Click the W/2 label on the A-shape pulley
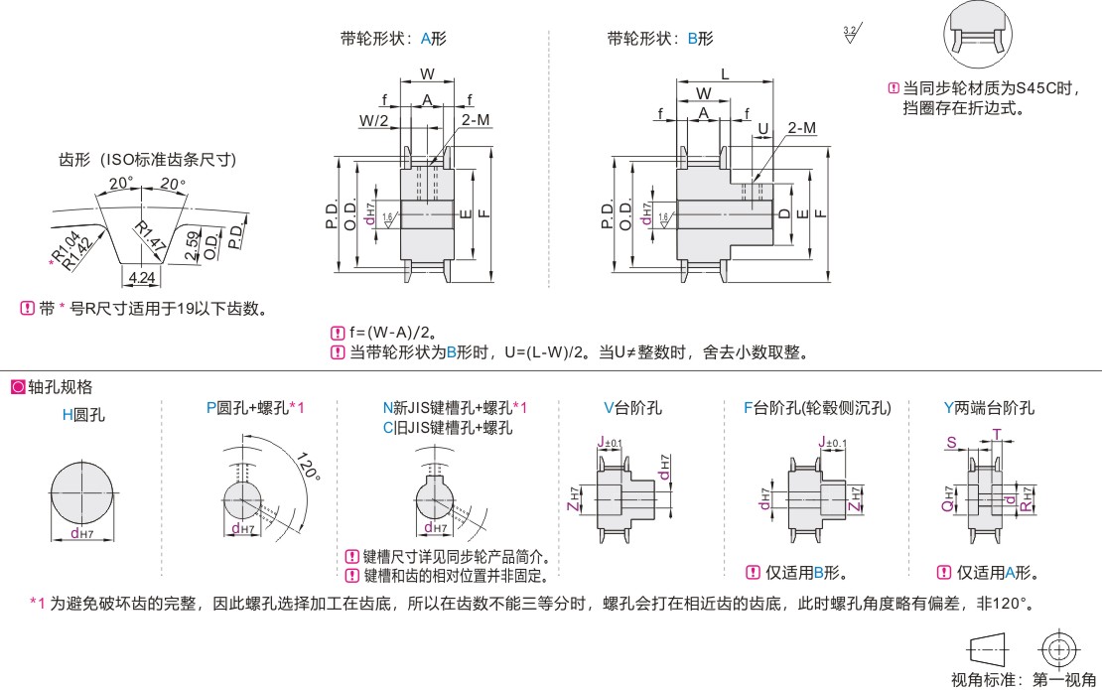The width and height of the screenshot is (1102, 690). click(374, 120)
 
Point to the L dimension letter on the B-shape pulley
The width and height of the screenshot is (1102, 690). click(724, 73)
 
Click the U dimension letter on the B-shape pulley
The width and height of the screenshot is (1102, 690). click(762, 128)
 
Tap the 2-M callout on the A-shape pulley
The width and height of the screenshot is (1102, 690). click(475, 120)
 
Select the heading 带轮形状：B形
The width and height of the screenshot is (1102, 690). click(660, 39)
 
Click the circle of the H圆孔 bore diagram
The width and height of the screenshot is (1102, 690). click(83, 493)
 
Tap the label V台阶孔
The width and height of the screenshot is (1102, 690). click(632, 408)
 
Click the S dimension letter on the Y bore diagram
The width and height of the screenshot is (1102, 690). click(950, 441)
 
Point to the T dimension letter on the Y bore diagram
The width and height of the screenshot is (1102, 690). click(997, 433)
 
